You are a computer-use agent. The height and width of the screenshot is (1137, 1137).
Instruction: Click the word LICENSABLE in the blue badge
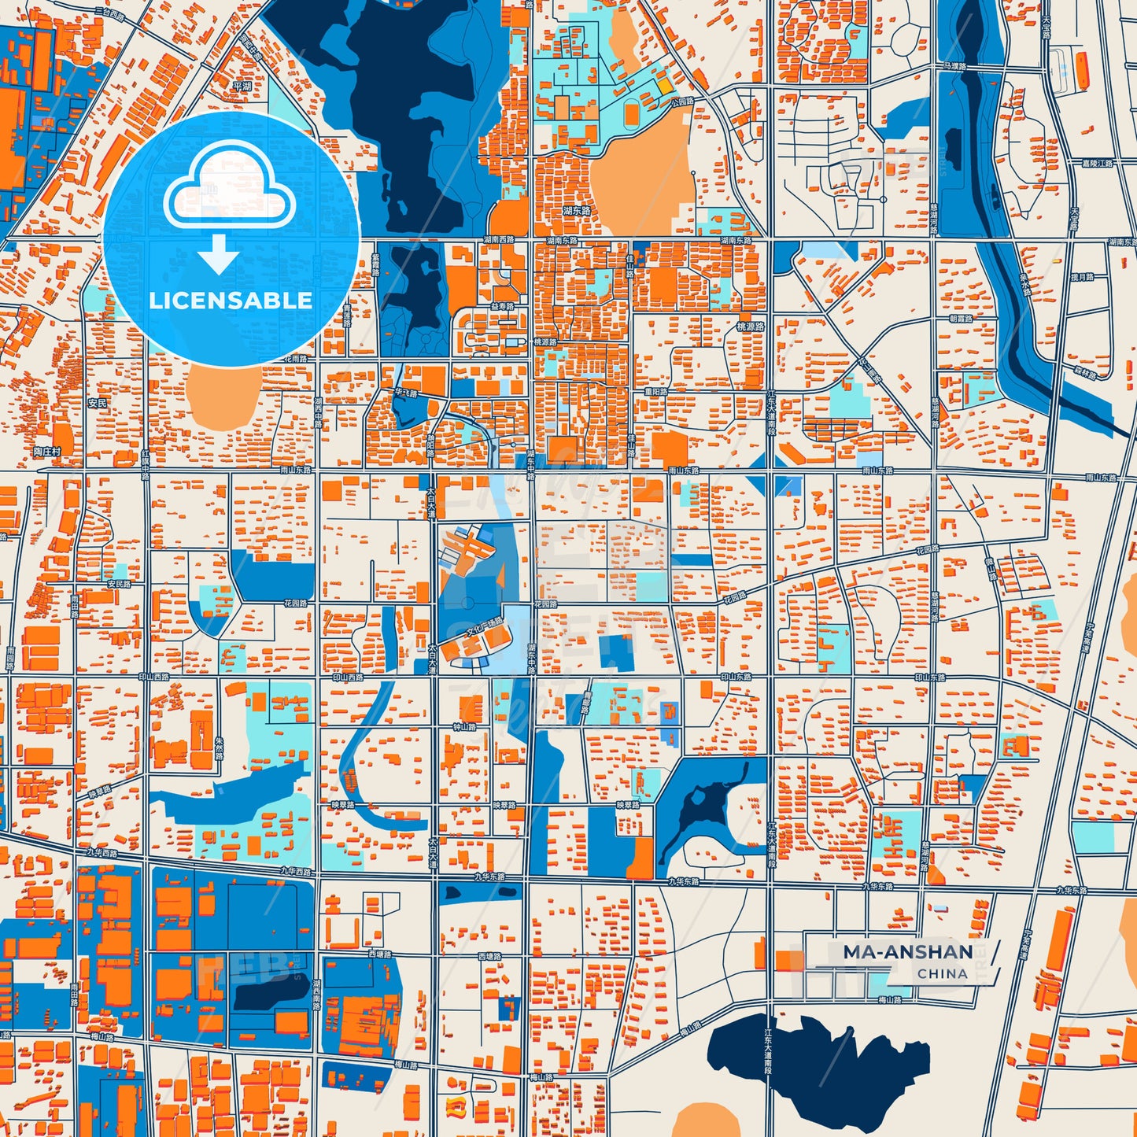point(231,301)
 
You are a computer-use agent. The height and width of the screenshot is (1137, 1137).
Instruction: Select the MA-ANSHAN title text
point(908,952)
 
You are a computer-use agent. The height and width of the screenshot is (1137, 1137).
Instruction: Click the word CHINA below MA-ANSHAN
point(942,974)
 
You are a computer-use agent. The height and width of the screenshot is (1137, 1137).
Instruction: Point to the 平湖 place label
point(242,87)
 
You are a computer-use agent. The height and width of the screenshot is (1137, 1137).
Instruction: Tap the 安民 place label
point(98,403)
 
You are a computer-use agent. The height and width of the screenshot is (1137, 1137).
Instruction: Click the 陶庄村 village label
point(47,452)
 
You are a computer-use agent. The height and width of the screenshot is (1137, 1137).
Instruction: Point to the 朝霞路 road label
point(961,319)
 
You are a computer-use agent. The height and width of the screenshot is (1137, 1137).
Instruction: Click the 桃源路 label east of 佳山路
point(750,326)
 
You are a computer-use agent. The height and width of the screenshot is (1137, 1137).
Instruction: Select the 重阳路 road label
point(655,391)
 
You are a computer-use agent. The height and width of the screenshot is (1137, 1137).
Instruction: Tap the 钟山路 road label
point(465,728)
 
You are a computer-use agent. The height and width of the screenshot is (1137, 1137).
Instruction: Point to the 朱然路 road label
point(220,748)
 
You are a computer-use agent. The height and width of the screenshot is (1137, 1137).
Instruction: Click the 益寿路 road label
point(502,306)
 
